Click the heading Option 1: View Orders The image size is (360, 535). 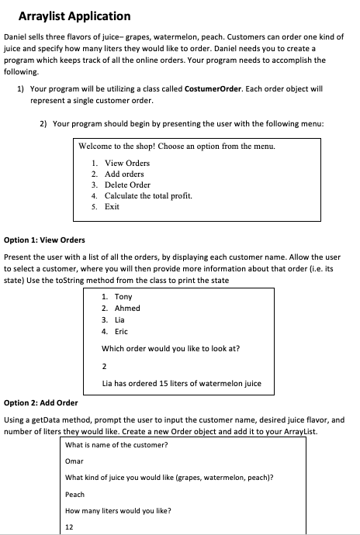pyautogui.click(x=45, y=240)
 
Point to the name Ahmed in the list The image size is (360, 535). pyautogui.click(x=127, y=308)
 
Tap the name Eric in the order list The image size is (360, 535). pyautogui.click(x=123, y=331)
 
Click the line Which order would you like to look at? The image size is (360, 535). pyautogui.click(x=171, y=348)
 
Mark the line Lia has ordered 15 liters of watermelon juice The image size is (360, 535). pyautogui.click(x=182, y=383)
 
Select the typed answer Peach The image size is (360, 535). pyautogui.click(x=75, y=494)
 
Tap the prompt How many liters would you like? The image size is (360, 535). pyautogui.click(x=118, y=511)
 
